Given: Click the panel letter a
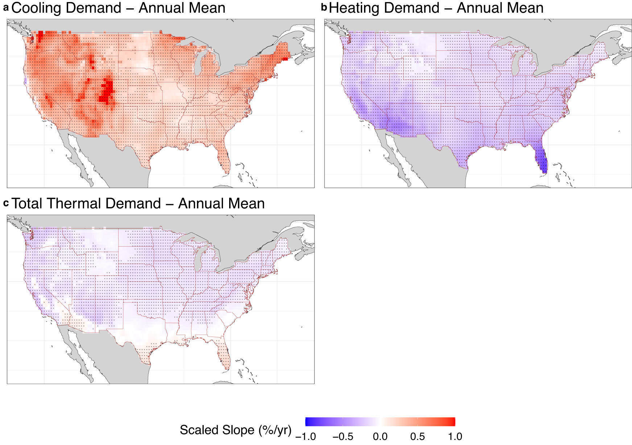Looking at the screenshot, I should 6,8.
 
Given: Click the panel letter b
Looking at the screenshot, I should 324,8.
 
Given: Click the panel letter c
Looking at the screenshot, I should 6,203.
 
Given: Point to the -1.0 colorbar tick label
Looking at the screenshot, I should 305,436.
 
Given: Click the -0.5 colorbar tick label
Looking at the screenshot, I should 343,436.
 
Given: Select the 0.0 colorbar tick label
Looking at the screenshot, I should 380,436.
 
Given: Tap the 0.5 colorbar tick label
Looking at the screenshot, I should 417,436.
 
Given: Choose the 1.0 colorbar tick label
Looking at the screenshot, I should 455,436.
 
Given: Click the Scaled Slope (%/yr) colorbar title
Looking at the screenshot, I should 236,430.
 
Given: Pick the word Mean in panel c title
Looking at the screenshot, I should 247,203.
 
